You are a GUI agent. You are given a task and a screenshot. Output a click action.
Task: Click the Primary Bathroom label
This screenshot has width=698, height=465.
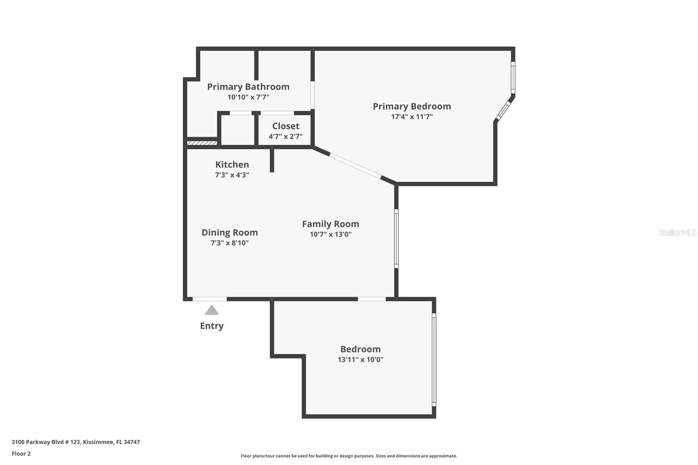[x=248, y=87]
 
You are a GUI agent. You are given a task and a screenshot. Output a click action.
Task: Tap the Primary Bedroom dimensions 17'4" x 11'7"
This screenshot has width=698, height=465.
[x=412, y=117]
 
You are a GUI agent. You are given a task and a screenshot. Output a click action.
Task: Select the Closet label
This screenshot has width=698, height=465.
[x=285, y=126]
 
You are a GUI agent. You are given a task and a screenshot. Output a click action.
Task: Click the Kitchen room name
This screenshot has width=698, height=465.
[x=232, y=164]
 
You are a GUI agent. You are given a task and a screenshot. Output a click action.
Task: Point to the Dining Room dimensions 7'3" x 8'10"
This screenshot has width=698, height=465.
[x=229, y=243]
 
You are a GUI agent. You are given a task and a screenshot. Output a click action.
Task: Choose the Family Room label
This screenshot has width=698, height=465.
[x=330, y=224]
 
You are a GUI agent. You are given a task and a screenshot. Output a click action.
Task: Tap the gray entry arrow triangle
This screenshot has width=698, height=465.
[x=212, y=310]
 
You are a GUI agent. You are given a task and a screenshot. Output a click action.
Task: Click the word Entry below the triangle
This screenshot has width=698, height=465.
[x=212, y=326]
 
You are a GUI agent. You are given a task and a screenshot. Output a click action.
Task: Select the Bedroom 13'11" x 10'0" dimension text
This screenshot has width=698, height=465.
[x=360, y=360]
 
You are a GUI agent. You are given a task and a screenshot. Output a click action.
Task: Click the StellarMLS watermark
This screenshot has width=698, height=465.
[x=677, y=232]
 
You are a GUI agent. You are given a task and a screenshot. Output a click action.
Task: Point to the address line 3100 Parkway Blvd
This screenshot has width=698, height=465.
[x=75, y=442]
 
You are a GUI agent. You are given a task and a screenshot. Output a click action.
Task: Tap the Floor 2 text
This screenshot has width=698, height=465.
[x=21, y=454]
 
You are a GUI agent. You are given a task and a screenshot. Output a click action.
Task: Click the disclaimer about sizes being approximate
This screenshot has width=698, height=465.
[x=349, y=456]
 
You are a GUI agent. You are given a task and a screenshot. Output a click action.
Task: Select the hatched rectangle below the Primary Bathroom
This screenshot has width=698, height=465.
[x=202, y=143]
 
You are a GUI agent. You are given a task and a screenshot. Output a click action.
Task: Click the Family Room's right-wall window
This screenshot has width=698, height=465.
[x=396, y=238]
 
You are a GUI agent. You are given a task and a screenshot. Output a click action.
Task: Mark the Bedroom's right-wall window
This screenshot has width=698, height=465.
[x=434, y=360]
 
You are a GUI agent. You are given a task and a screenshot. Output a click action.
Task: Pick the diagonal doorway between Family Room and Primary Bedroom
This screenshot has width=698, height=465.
[x=355, y=166]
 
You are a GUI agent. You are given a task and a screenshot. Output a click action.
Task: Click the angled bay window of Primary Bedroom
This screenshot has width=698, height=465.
[x=503, y=110]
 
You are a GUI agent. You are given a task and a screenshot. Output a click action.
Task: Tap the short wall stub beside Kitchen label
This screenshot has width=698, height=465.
[x=272, y=160]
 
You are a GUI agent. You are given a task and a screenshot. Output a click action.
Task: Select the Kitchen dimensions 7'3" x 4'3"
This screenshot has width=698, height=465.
[x=232, y=175]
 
